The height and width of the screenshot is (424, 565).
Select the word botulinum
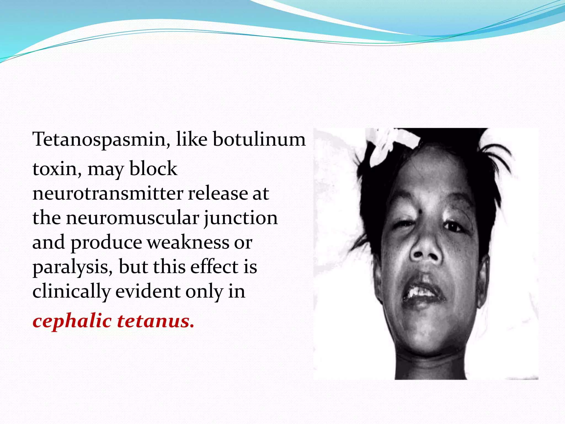point(259,139)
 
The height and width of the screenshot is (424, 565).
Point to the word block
point(153,169)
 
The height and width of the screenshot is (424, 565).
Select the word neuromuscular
point(132,218)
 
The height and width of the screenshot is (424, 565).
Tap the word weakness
point(188,242)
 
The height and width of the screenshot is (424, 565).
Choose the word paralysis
point(73,267)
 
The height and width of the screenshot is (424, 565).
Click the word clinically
point(71,291)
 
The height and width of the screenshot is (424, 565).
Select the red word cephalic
point(72,322)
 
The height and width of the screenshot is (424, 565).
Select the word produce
point(106,242)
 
